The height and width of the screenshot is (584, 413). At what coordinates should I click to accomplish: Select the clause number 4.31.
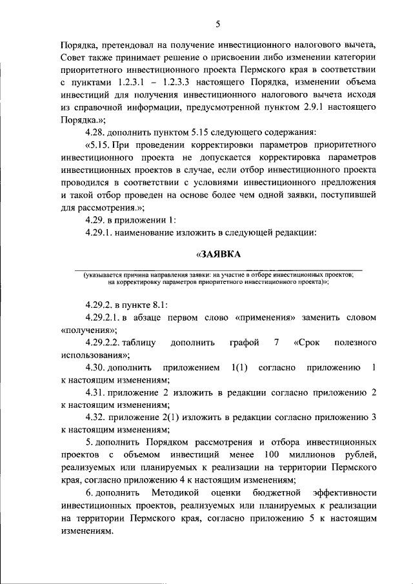(x=97, y=392)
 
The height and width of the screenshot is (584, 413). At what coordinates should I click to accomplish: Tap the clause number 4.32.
(x=97, y=417)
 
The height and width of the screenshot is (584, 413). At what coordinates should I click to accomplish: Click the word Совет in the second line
(x=74, y=59)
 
